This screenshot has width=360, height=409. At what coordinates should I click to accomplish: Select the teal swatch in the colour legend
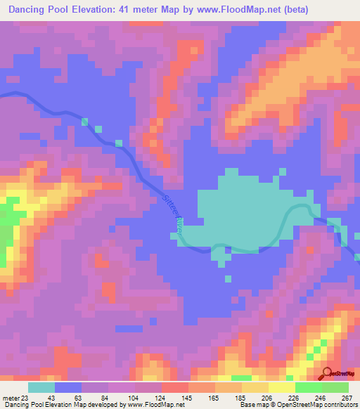(41, 387)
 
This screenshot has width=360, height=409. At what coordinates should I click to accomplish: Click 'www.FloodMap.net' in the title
(229, 8)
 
